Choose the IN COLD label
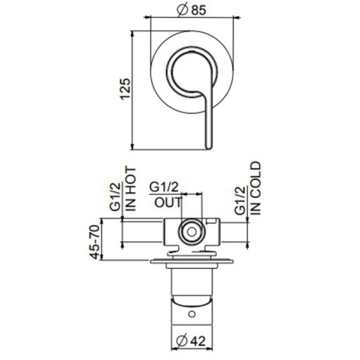[255, 187]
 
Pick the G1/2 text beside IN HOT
[116, 196]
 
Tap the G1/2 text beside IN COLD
[239, 200]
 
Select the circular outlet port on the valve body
[191, 231]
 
